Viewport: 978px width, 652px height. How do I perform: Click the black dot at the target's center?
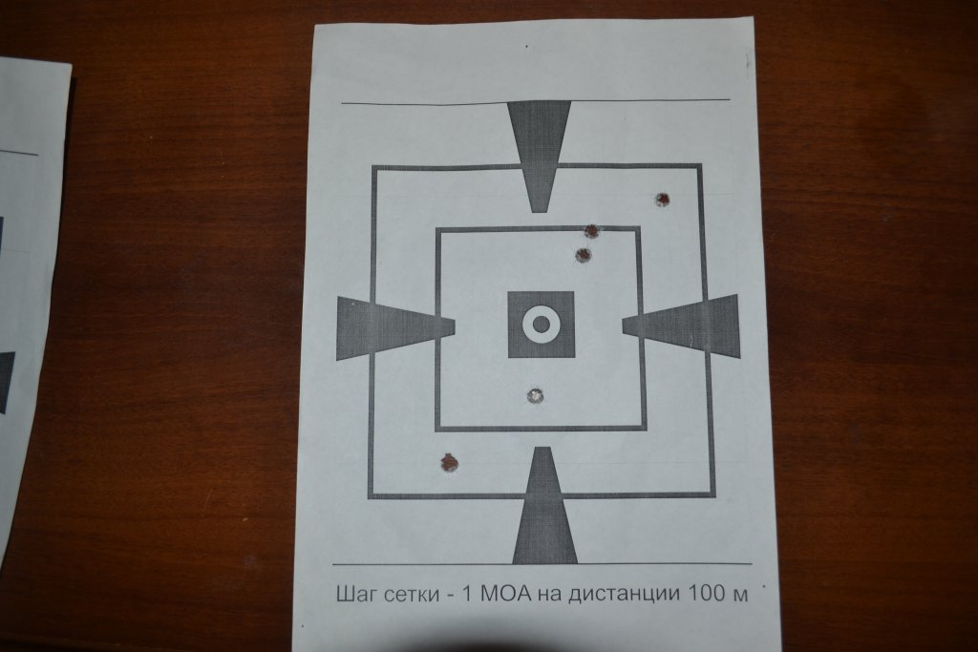[542, 325]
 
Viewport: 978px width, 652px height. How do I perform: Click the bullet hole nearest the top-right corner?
[663, 200]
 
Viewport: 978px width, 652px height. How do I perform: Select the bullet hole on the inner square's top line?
[591, 231]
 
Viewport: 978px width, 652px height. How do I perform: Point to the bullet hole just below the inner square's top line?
[583, 255]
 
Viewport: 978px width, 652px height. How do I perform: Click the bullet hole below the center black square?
[535, 396]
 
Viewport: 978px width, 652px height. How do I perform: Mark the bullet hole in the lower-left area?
[449, 462]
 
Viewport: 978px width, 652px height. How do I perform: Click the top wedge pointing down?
[540, 156]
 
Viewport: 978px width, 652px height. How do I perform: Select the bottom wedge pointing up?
[544, 505]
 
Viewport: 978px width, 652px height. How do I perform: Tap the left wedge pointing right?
[395, 327]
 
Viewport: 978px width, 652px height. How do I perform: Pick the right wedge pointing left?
[681, 326]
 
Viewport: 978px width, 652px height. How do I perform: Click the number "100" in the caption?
[708, 593]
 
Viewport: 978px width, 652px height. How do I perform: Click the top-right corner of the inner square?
[638, 229]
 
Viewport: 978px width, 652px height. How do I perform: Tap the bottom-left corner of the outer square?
[370, 496]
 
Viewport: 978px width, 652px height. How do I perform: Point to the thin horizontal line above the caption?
[542, 564]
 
